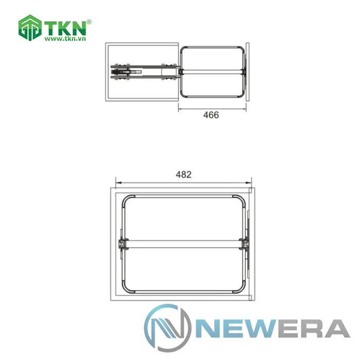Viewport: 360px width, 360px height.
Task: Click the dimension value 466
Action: point(211,115)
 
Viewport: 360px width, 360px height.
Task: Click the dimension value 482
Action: point(184,175)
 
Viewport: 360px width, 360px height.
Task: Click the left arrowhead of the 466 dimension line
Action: point(180,107)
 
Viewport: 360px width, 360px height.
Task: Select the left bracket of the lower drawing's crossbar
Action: point(122,244)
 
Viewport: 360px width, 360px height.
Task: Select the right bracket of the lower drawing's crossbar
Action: point(245,244)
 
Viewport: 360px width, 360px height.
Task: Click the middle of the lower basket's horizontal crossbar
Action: point(184,244)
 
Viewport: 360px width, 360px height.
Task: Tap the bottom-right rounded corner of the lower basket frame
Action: point(241,291)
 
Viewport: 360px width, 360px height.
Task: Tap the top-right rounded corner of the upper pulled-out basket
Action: point(240,48)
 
